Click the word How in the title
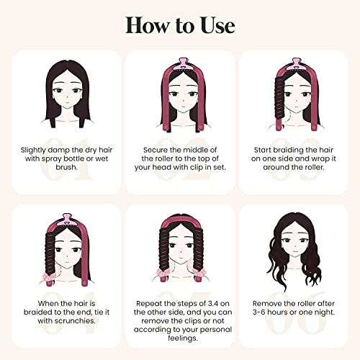coord(143,24)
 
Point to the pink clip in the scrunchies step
coord(67,215)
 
